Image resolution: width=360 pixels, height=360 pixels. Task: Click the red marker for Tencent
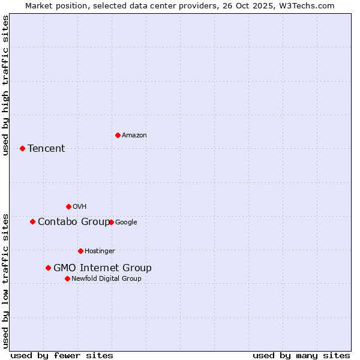[x=22, y=148]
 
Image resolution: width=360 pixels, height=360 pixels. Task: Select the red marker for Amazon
[x=118, y=135]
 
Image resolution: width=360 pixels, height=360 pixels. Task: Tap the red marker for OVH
[x=68, y=206]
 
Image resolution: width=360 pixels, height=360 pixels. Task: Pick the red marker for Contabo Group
[x=32, y=221]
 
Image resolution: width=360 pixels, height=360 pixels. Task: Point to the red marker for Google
[x=111, y=222]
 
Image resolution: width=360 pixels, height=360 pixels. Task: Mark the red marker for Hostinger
[x=80, y=251]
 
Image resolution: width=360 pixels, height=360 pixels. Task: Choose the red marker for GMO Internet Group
[x=48, y=268]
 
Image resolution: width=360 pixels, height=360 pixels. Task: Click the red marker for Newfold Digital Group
[x=67, y=278]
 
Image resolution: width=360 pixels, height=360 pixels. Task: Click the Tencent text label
[x=46, y=149]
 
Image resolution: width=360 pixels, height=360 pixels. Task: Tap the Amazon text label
[x=134, y=136]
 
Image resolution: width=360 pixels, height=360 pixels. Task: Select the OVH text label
[x=80, y=207]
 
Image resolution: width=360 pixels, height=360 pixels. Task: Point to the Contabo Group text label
[x=74, y=222]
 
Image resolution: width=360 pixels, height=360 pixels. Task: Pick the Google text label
[x=126, y=223]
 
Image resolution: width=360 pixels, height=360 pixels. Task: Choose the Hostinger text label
[x=100, y=251]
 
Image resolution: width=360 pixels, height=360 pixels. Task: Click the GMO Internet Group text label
[x=103, y=268]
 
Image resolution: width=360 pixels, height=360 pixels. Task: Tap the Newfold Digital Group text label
[x=107, y=279]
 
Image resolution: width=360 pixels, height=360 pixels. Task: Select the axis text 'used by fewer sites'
[x=62, y=355]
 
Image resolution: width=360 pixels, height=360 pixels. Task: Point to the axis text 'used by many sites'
[x=301, y=355]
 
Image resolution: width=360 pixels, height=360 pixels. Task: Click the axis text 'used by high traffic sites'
[x=5, y=85]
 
